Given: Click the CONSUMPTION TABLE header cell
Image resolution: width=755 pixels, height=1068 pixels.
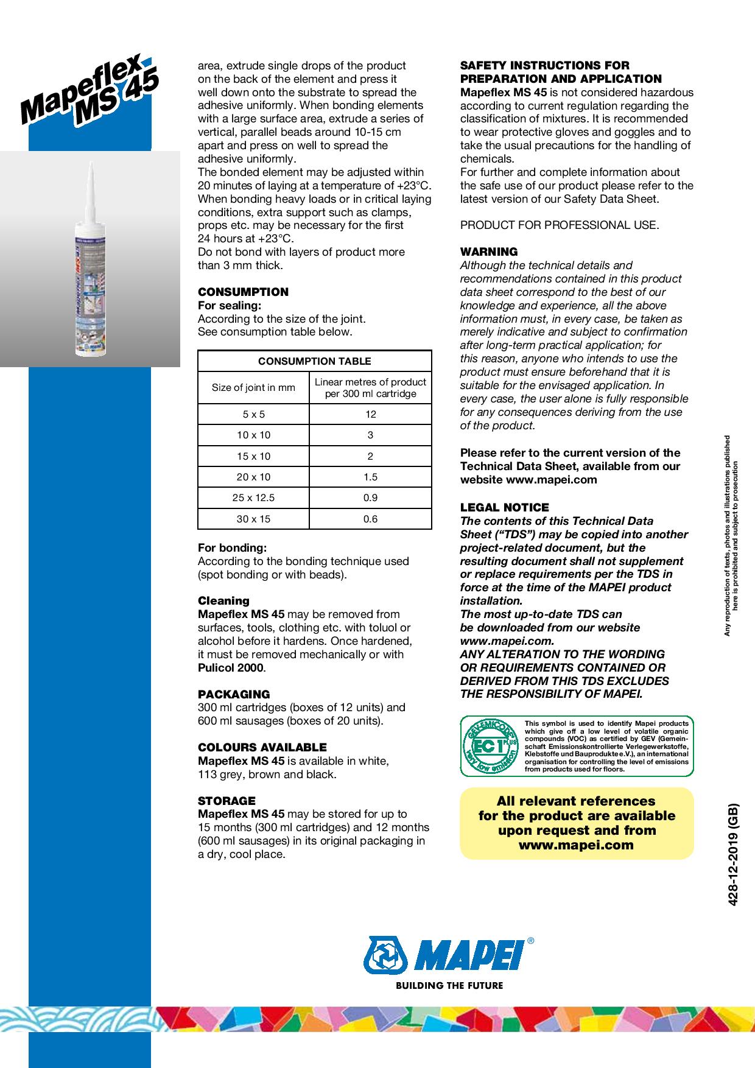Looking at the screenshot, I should (314, 361).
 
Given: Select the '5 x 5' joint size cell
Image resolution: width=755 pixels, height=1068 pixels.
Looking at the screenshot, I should (253, 414).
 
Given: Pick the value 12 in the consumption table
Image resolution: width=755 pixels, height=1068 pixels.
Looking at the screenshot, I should (370, 414).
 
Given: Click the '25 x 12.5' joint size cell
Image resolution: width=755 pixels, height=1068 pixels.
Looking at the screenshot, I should (253, 497).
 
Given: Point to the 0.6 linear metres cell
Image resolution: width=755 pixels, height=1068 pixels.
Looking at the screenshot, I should (370, 519).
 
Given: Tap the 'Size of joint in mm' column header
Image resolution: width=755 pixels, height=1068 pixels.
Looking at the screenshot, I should (253, 387).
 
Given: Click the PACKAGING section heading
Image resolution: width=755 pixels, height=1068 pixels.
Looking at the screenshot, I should (234, 694).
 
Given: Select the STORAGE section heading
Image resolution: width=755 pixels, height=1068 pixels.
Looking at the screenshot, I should (226, 801).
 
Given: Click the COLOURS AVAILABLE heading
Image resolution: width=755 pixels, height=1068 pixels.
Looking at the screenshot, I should (262, 747).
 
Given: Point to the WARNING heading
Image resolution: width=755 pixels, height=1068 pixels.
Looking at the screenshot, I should (489, 251).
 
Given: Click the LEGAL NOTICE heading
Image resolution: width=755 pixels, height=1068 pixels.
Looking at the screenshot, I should (504, 507).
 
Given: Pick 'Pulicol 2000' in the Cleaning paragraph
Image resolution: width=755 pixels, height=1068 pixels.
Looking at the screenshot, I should (231, 668).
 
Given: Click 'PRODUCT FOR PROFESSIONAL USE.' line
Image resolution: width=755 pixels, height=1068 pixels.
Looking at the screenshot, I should (559, 225).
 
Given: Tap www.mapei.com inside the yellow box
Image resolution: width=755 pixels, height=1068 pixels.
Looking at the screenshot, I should (576, 845).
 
